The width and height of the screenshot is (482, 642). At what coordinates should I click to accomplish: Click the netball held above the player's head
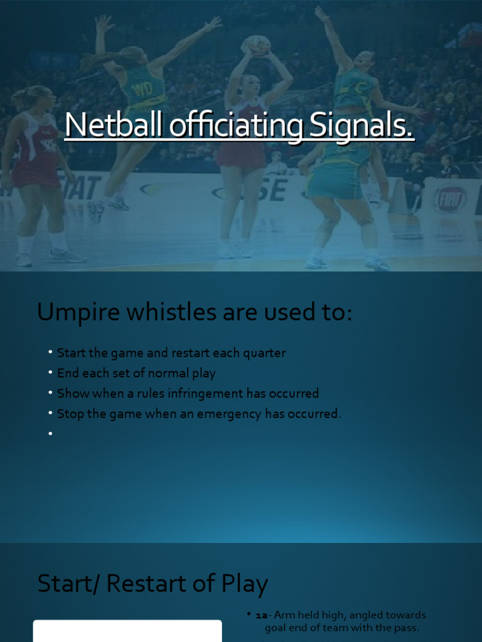(x=257, y=45)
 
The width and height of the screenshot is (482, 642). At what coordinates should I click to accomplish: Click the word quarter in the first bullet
(x=264, y=353)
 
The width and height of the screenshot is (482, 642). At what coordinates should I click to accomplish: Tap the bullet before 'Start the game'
(x=50, y=353)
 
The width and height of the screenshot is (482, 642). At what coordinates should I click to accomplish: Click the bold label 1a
(x=261, y=615)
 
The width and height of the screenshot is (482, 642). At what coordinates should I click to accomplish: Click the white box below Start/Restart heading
(x=127, y=631)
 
